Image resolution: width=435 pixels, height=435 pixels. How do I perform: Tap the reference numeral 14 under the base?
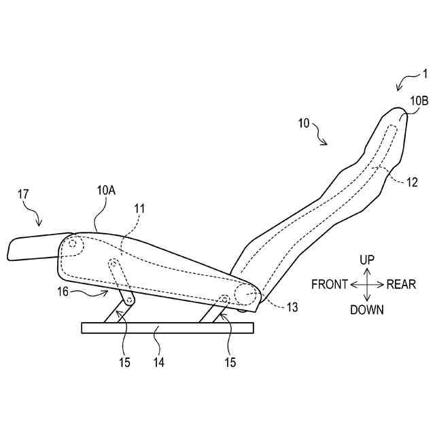click(x=158, y=363)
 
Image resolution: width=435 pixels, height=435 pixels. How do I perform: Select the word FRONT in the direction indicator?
click(x=330, y=285)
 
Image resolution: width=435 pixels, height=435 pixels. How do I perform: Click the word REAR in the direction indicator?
click(x=401, y=285)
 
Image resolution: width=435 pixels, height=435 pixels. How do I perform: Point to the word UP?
click(x=367, y=260)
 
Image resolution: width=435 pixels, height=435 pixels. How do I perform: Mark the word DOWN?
click(x=367, y=310)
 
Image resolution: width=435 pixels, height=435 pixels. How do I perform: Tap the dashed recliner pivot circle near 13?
click(x=245, y=294)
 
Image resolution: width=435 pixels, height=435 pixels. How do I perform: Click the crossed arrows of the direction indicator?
click(x=367, y=284)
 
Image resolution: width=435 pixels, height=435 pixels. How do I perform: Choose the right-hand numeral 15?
click(x=230, y=363)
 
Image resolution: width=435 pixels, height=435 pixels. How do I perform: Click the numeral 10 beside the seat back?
click(x=303, y=124)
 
